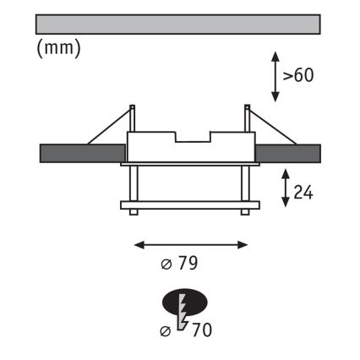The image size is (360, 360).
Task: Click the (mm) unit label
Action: [x=59, y=48]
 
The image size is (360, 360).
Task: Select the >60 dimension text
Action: [x=298, y=75]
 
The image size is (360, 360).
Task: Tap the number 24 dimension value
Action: [x=303, y=194]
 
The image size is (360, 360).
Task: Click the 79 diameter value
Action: [x=188, y=264]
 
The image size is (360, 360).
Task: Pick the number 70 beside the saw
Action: [x=202, y=330]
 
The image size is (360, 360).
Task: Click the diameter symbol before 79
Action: [x=166, y=265]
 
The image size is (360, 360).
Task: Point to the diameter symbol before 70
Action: [x=166, y=331]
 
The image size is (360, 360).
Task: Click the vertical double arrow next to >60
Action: [x=275, y=77]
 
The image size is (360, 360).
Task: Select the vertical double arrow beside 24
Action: [x=286, y=188]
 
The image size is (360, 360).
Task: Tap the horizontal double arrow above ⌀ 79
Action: [x=191, y=245]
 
